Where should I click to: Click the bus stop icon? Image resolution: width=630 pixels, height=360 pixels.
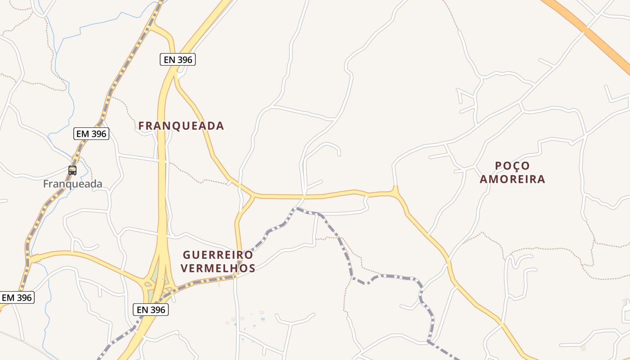[x=72, y=171]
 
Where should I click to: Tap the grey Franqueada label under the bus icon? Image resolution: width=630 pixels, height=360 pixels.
[x=72, y=184]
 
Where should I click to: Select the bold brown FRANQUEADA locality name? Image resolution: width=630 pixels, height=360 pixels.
[x=181, y=126]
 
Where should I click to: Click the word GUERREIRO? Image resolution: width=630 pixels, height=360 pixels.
[x=218, y=255]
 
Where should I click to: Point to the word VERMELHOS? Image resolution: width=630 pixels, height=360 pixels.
[x=218, y=269]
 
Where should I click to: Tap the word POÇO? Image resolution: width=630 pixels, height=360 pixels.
[x=512, y=166]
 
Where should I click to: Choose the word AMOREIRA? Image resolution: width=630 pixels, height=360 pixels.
[x=512, y=180]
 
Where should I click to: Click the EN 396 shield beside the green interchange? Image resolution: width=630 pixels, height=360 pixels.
[x=151, y=310]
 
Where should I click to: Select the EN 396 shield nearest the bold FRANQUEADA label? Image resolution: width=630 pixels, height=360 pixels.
[x=178, y=59]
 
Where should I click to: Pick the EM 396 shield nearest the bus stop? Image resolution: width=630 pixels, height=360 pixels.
[x=91, y=134]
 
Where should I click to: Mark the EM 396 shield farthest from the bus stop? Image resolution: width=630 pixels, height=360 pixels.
[x=17, y=297]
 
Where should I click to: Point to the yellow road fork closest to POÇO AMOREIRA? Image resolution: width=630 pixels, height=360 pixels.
[x=396, y=192]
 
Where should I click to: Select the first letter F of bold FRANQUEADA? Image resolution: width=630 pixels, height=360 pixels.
[x=141, y=126]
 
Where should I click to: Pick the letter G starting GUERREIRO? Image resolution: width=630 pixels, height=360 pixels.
[x=186, y=255]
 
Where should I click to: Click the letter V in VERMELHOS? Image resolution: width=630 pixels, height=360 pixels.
[x=184, y=269]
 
